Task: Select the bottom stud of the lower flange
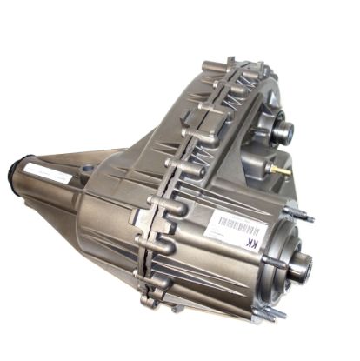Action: click(x=277, y=314)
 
